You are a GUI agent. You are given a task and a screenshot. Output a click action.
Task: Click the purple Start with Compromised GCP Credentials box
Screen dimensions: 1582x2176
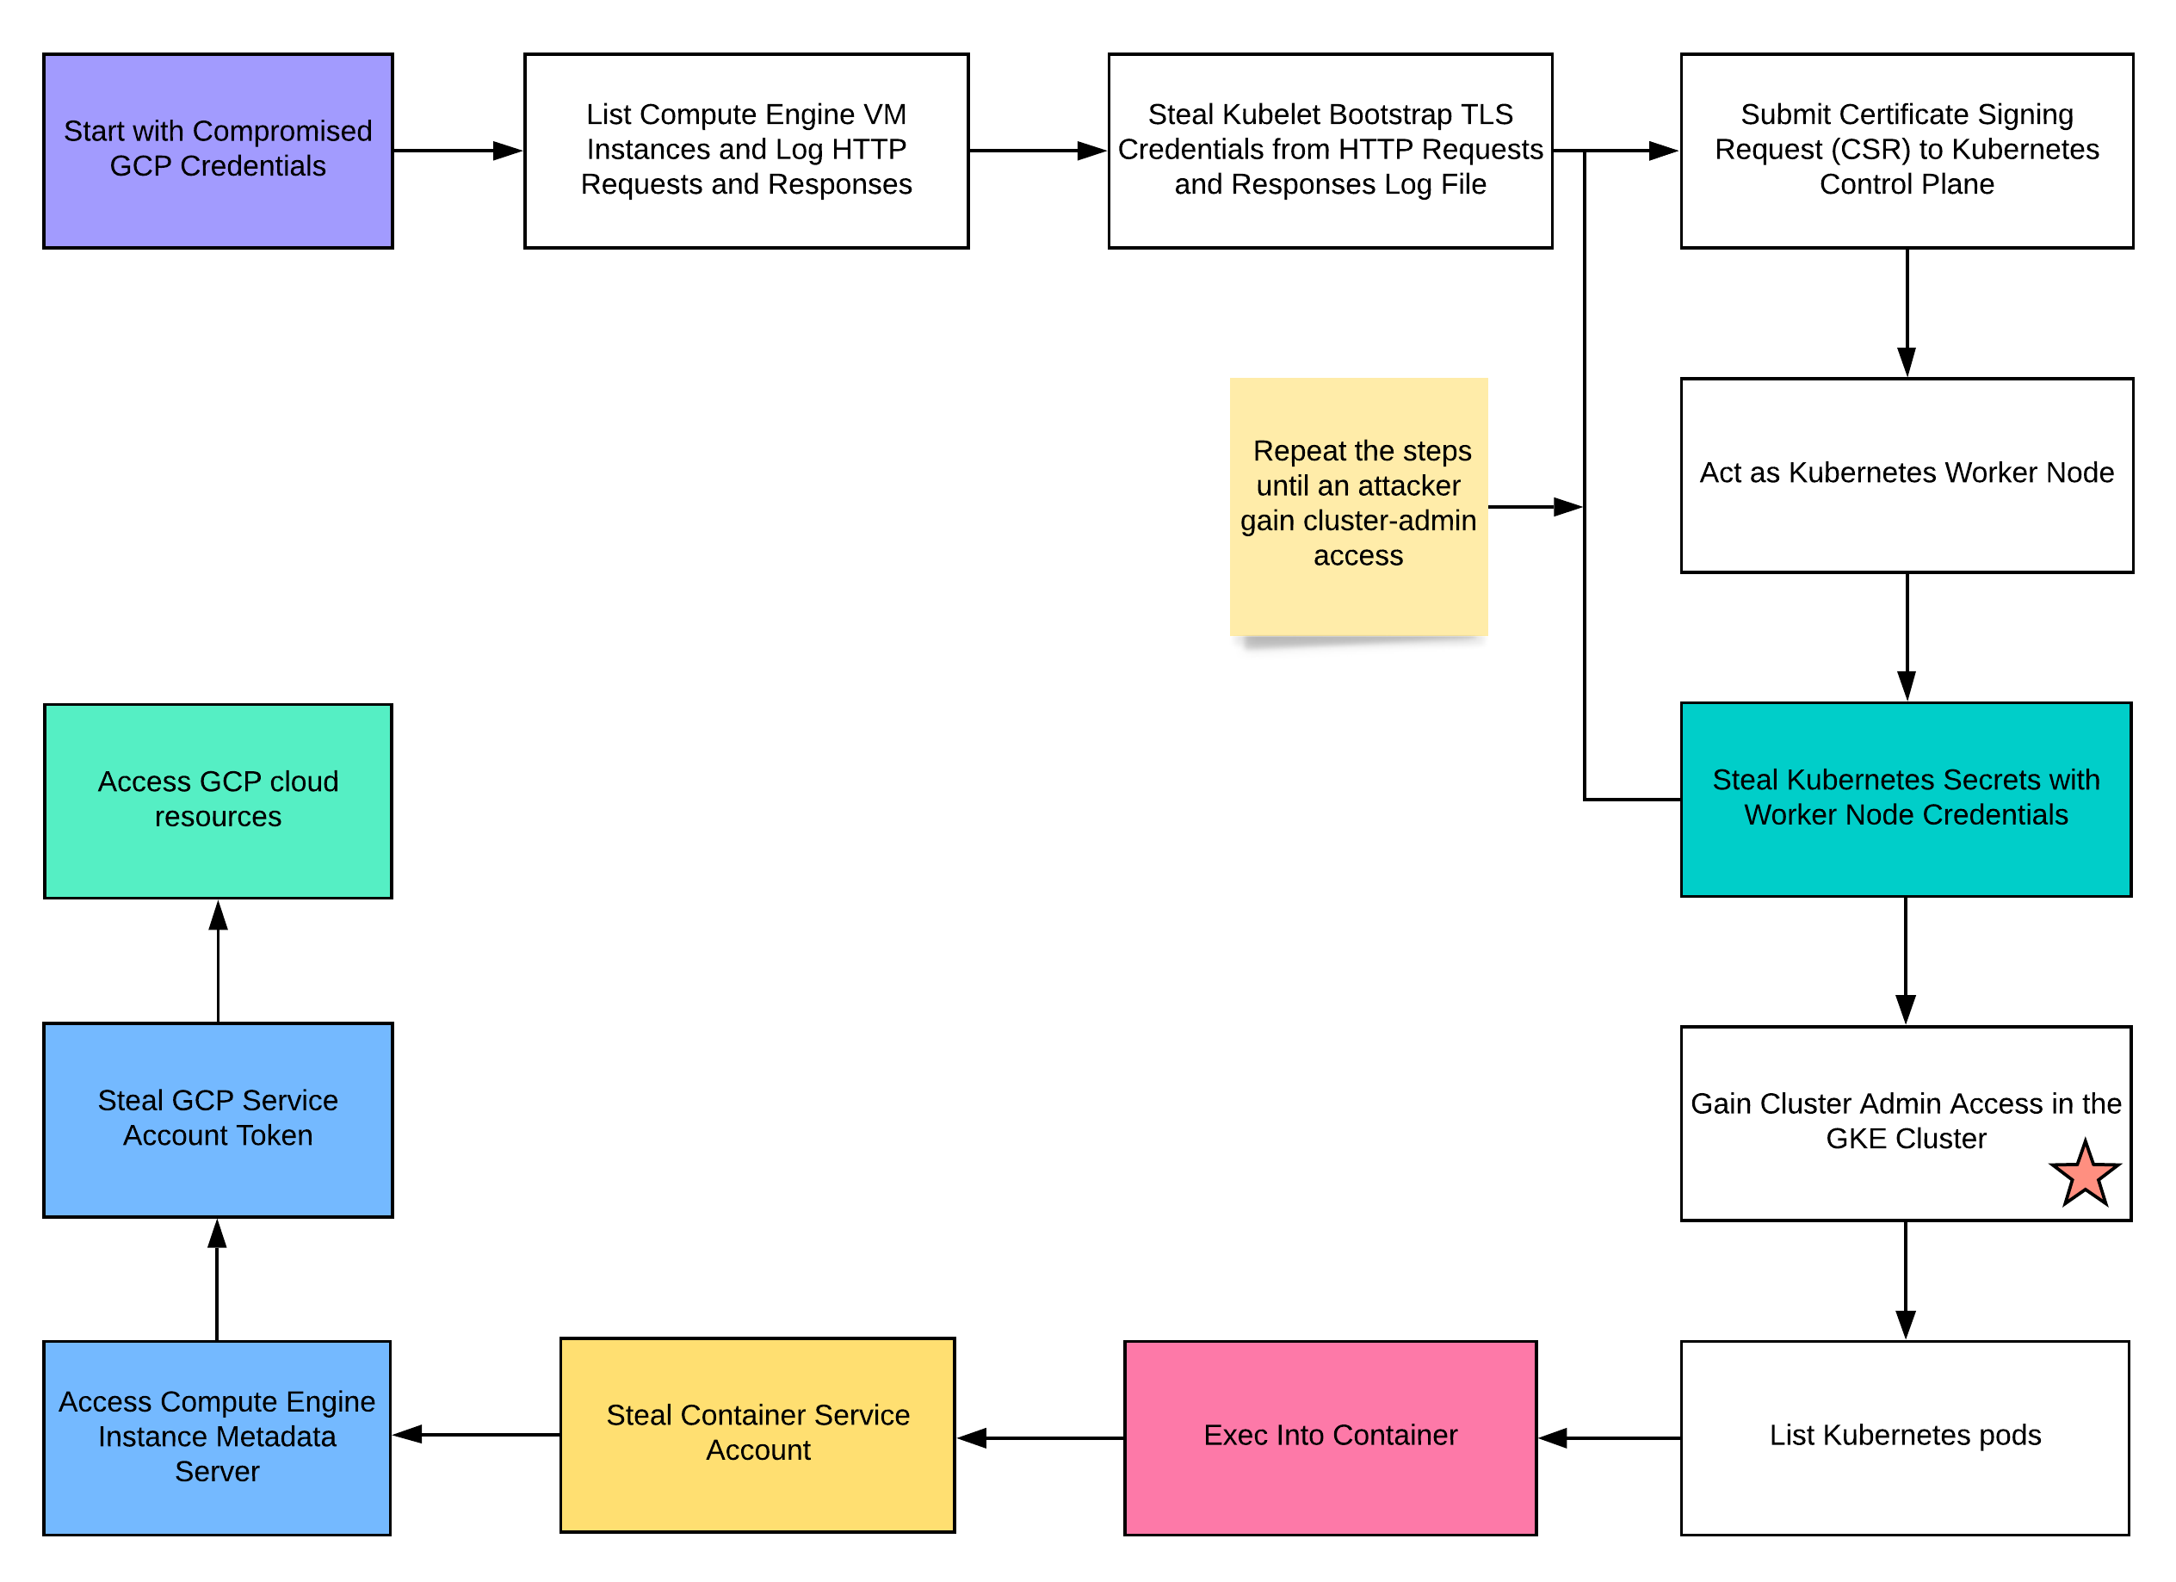pos(218,151)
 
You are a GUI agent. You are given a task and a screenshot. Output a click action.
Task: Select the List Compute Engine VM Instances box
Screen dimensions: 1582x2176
pos(745,151)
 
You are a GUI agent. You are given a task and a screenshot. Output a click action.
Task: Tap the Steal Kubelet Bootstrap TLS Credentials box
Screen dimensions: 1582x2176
pos(1330,151)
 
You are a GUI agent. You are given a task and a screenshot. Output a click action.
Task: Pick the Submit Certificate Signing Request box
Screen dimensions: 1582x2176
pos(1906,151)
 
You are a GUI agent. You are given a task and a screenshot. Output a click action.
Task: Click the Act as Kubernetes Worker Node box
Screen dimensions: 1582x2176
pos(1906,475)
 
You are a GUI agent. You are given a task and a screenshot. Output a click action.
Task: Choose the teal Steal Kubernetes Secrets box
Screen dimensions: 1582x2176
pos(1906,799)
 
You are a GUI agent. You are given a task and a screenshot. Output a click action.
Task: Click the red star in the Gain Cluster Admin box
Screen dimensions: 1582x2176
pos(2084,1175)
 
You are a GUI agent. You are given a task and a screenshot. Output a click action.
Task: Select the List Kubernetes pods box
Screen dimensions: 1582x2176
pos(1905,1437)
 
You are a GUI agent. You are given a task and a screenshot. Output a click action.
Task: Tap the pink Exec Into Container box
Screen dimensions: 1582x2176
pos(1330,1437)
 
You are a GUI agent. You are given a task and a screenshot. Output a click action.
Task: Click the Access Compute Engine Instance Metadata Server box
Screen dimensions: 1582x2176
pos(217,1437)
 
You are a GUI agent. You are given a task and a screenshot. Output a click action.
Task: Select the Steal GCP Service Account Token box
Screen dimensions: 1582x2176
pos(218,1120)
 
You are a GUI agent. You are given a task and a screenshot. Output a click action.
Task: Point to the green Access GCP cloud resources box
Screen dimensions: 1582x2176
pos(218,801)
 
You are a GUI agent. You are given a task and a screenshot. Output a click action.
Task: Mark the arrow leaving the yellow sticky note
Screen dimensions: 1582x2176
pos(1533,507)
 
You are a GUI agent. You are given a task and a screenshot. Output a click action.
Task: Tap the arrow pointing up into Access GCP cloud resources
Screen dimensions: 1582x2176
pos(218,960)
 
